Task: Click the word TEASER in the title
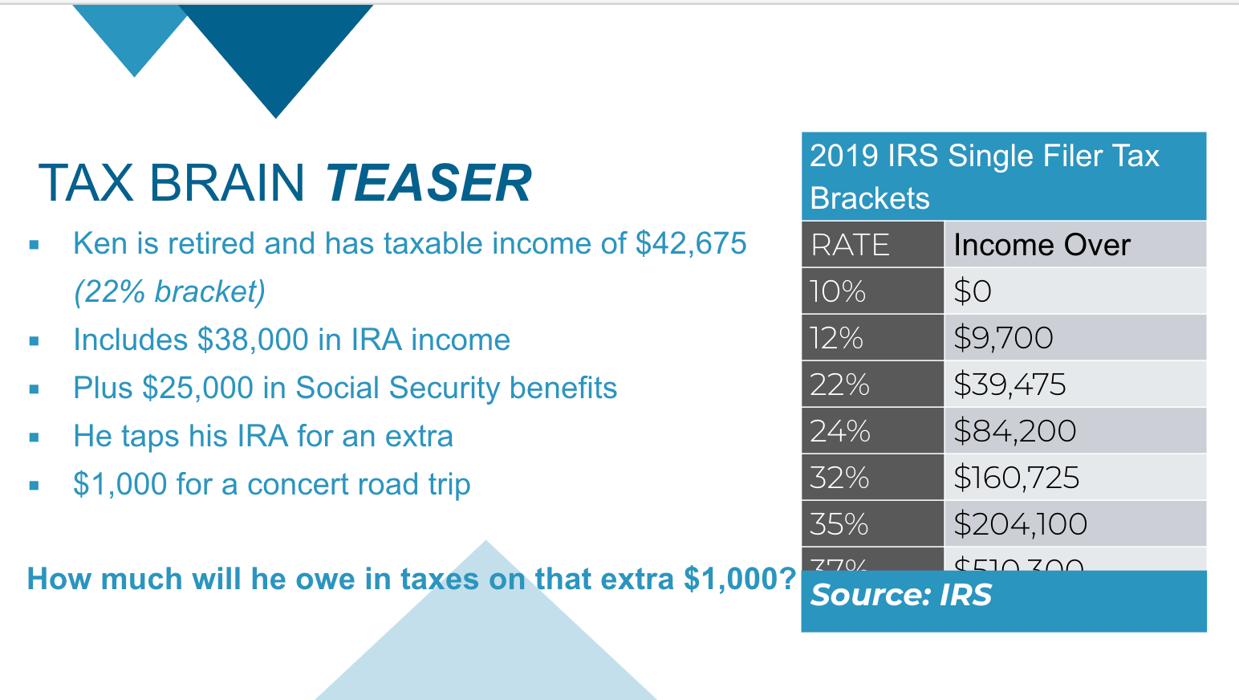[x=428, y=182]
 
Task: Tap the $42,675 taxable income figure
[x=691, y=243]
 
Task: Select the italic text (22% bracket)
[x=169, y=291]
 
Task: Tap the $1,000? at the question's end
[x=739, y=579]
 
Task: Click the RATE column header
[x=851, y=245]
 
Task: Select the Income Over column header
[x=1042, y=245]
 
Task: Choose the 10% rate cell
[x=838, y=291]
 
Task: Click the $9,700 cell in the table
[x=1003, y=338]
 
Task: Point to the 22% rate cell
[x=839, y=385]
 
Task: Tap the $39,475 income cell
[x=1009, y=385]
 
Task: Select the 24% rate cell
[x=839, y=431]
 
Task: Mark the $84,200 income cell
[x=1014, y=431]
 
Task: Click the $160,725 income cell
[x=1016, y=478]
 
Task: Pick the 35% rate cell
[x=839, y=524]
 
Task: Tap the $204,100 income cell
[x=1020, y=524]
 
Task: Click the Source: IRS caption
[x=901, y=595]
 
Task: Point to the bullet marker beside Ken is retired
[x=34, y=245]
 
